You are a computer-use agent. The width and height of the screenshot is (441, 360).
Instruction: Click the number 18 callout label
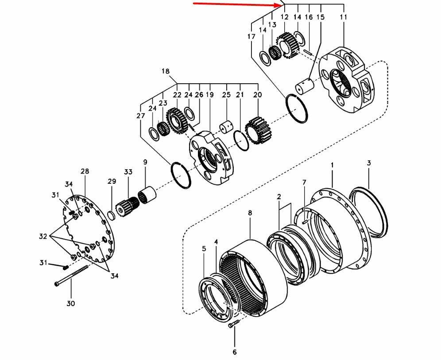pyautogui.click(x=166, y=71)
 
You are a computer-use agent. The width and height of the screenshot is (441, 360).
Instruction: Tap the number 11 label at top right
pyautogui.click(x=344, y=17)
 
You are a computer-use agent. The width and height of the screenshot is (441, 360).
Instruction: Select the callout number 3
pyautogui.click(x=369, y=163)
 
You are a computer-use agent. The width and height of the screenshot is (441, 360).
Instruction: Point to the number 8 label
pyautogui.click(x=250, y=213)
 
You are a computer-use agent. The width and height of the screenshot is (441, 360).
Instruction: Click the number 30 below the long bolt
pyautogui.click(x=71, y=303)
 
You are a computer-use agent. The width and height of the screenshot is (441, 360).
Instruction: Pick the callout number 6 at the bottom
pyautogui.click(x=234, y=352)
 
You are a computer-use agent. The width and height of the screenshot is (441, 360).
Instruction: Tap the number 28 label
pyautogui.click(x=85, y=171)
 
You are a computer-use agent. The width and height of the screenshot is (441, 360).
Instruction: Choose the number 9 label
pyautogui.click(x=145, y=163)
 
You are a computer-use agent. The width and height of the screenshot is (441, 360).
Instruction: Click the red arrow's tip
pyautogui.click(x=280, y=6)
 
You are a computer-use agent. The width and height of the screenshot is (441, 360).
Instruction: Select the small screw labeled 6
pyautogui.click(x=234, y=325)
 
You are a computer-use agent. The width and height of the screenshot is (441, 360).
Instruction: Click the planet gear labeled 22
pyautogui.click(x=177, y=120)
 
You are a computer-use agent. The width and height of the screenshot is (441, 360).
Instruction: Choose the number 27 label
pyautogui.click(x=141, y=116)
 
